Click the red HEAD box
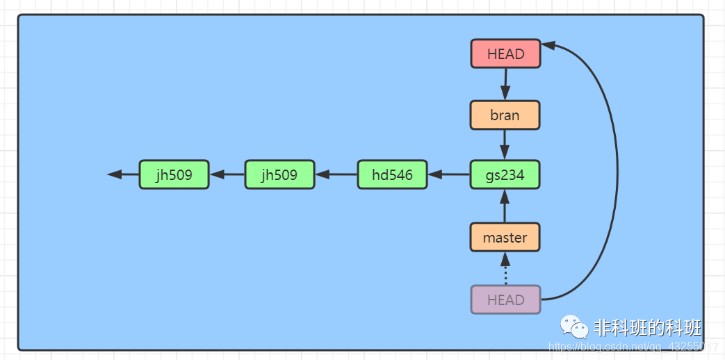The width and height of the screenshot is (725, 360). (x=505, y=54)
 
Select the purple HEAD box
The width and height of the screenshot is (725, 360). (x=505, y=300)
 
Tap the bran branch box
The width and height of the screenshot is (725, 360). (x=505, y=115)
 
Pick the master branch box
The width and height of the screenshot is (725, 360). (x=505, y=238)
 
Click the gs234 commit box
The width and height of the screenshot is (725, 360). (x=505, y=174)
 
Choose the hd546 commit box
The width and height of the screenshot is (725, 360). (x=392, y=174)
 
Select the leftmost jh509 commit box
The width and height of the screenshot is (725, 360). (x=174, y=174)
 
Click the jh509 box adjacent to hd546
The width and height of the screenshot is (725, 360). (x=279, y=174)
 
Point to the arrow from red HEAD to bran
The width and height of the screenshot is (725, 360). (x=505, y=84)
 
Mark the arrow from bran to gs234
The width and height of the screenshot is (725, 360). (x=505, y=145)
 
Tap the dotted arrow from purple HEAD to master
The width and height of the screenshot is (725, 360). (x=505, y=269)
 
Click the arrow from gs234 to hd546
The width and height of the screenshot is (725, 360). (x=449, y=174)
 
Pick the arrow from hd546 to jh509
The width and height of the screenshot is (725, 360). (x=336, y=174)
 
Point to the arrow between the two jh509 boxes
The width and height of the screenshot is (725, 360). (x=227, y=174)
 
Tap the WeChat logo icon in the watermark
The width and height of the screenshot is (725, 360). (x=575, y=326)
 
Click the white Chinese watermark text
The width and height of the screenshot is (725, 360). (x=647, y=327)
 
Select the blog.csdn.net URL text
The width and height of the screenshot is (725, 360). (x=633, y=346)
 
